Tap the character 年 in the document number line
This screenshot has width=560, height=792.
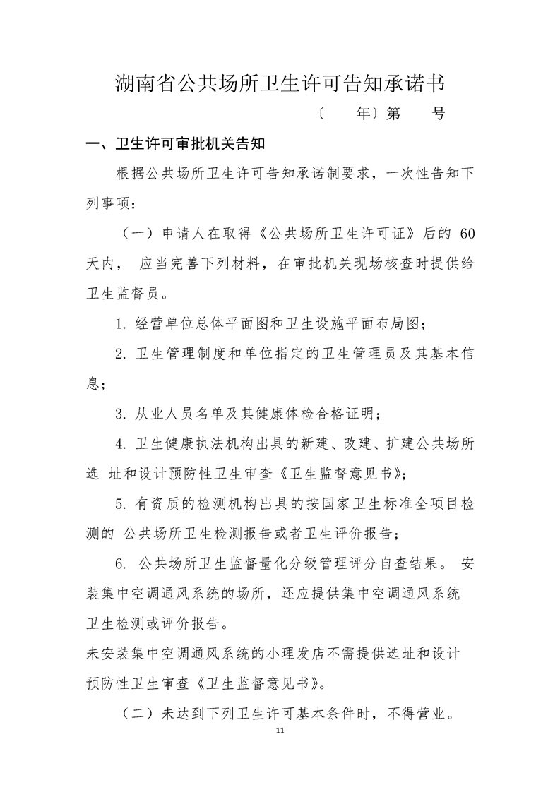point(364,113)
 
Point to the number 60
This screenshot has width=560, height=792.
point(467,234)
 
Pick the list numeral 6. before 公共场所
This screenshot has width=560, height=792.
point(121,564)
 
